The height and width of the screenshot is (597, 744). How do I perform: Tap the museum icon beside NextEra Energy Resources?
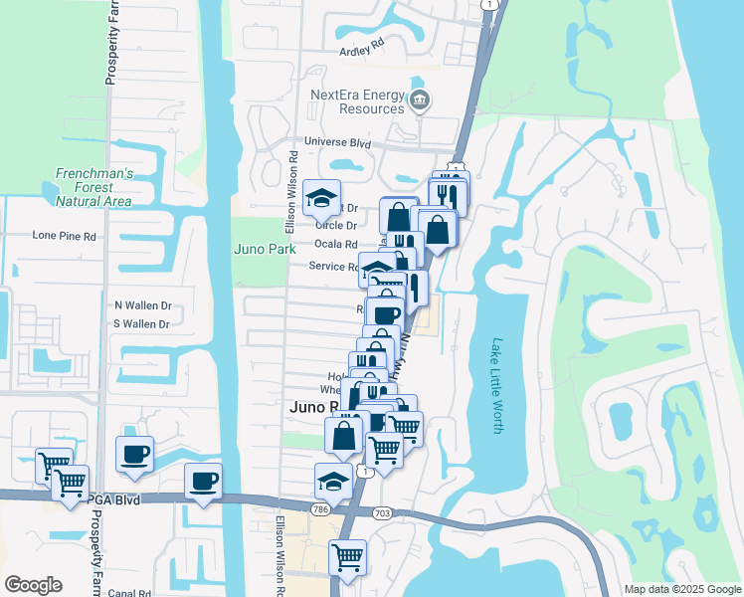point(420,99)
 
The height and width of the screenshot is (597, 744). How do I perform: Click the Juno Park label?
point(265,249)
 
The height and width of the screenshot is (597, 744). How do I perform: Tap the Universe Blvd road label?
point(337,143)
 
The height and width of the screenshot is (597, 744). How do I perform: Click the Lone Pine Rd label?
point(64,237)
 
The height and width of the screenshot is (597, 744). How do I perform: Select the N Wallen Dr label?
point(142,305)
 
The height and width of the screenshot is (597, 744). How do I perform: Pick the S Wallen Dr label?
point(142,323)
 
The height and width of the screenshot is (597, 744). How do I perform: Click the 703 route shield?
point(382,513)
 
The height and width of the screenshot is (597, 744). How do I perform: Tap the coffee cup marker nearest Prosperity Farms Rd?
point(135,454)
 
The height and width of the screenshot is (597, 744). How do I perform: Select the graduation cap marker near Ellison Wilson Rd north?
point(322,198)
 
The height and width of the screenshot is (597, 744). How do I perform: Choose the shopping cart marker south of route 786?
point(348,557)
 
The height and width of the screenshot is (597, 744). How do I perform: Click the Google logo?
point(33,584)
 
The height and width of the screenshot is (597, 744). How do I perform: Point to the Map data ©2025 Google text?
point(681,589)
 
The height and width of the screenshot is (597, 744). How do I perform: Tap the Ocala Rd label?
point(335,244)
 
